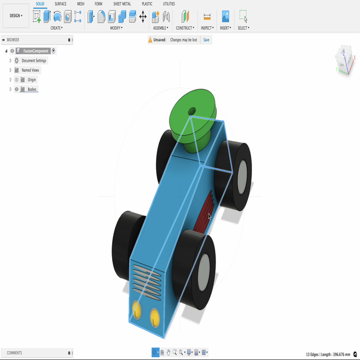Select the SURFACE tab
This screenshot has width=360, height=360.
pos(60,4)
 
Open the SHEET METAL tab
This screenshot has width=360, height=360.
pos(121,4)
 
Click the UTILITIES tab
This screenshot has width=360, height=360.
pos(168,4)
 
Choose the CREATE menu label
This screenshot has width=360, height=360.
pos(56,28)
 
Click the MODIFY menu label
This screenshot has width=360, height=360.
pos(117,28)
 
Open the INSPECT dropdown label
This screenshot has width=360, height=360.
pos(207,28)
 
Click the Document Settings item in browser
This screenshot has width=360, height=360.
pos(34,60)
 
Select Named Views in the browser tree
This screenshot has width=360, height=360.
pos(30,70)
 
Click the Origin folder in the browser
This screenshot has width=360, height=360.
pos(31,80)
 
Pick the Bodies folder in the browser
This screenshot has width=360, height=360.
pos(32,89)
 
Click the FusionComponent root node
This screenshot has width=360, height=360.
pos(36,51)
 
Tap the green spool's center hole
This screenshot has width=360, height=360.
pos(192,111)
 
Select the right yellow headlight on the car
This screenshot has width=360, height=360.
pos(154,317)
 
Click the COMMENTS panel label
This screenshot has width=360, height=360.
pos(15,352)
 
